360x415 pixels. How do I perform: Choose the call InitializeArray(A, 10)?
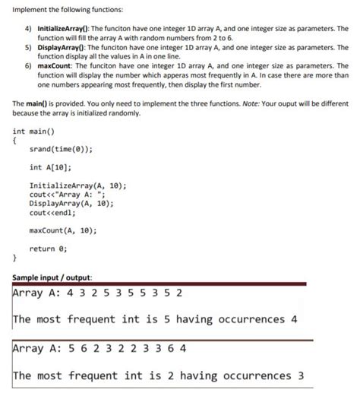tap(77, 185)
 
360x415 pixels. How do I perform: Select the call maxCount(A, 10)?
tap(63, 230)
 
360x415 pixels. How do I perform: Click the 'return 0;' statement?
tap(49, 249)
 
